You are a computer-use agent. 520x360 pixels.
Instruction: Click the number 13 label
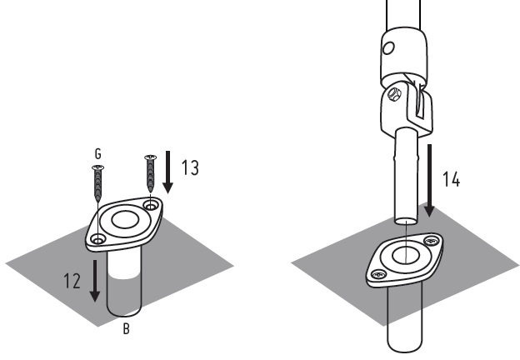(x=190, y=167)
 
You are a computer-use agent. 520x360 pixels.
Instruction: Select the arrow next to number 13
(x=169, y=170)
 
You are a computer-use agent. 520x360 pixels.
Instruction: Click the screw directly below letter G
(x=97, y=187)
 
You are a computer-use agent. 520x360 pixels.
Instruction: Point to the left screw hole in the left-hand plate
(x=98, y=240)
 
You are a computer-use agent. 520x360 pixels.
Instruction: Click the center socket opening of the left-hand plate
(x=125, y=222)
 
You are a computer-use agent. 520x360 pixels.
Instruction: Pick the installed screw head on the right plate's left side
(x=379, y=274)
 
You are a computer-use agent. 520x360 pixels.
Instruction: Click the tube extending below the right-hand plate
(x=406, y=321)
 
